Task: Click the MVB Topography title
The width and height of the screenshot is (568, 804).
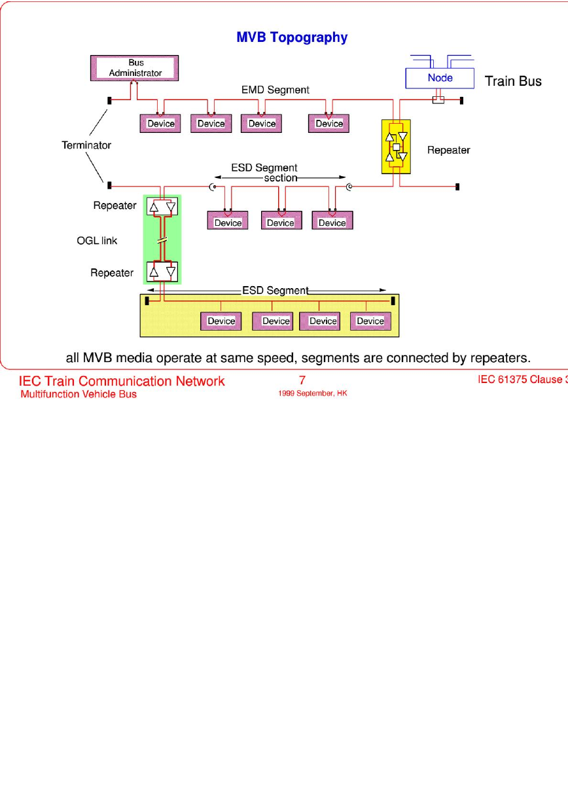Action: (x=292, y=37)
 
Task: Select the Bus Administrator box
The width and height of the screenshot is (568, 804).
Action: (x=134, y=68)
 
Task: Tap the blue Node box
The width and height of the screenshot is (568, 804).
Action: (x=440, y=78)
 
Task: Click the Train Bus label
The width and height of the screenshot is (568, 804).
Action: (x=513, y=81)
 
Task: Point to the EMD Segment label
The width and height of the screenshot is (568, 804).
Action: (x=275, y=90)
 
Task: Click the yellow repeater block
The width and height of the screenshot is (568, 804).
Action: (x=396, y=147)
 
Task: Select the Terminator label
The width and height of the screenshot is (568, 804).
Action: (x=86, y=145)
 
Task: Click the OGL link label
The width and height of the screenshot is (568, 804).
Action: (x=97, y=240)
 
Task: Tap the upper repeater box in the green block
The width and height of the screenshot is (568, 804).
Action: (x=162, y=206)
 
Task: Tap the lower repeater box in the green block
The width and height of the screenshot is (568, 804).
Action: (x=162, y=271)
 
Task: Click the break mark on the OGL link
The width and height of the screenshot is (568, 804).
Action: (x=162, y=240)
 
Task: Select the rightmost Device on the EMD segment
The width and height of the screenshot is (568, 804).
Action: (x=328, y=124)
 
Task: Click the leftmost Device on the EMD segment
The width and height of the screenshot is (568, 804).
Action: (x=160, y=124)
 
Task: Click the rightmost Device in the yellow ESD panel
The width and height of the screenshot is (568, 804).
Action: (x=370, y=321)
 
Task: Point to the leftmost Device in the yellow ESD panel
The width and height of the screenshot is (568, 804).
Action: (x=221, y=321)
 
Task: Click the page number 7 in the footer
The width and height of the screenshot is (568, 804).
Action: (x=302, y=380)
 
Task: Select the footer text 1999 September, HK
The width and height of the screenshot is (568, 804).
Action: (x=313, y=393)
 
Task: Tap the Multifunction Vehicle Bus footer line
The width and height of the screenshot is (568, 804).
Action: (x=79, y=394)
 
